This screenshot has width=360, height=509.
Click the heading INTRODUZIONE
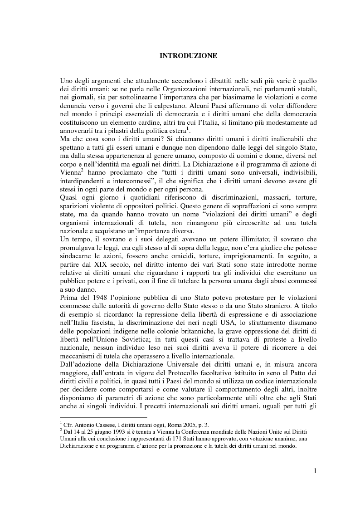pos(188,56)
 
